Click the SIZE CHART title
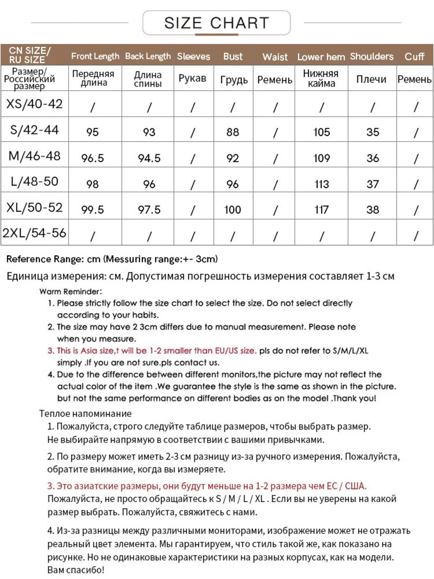pos(216,23)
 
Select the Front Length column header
pos(95,56)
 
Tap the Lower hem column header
pos(321,57)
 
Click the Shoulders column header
pos(372,56)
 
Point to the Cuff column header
pos(414,56)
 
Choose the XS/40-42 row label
pos(34,104)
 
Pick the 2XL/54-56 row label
pos(34,233)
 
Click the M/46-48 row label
pos(34,156)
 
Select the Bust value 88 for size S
pos(233,132)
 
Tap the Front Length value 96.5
pos(92,158)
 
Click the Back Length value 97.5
pos(149,210)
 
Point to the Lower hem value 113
pos(321,184)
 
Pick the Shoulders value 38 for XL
pos(372,210)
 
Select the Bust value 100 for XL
pos(233,210)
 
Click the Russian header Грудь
pos(234,80)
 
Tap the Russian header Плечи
pos(371,79)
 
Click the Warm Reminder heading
pos(71,291)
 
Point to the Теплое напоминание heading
pos(85,413)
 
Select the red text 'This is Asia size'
pos(85,351)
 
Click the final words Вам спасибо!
pos(76,570)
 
